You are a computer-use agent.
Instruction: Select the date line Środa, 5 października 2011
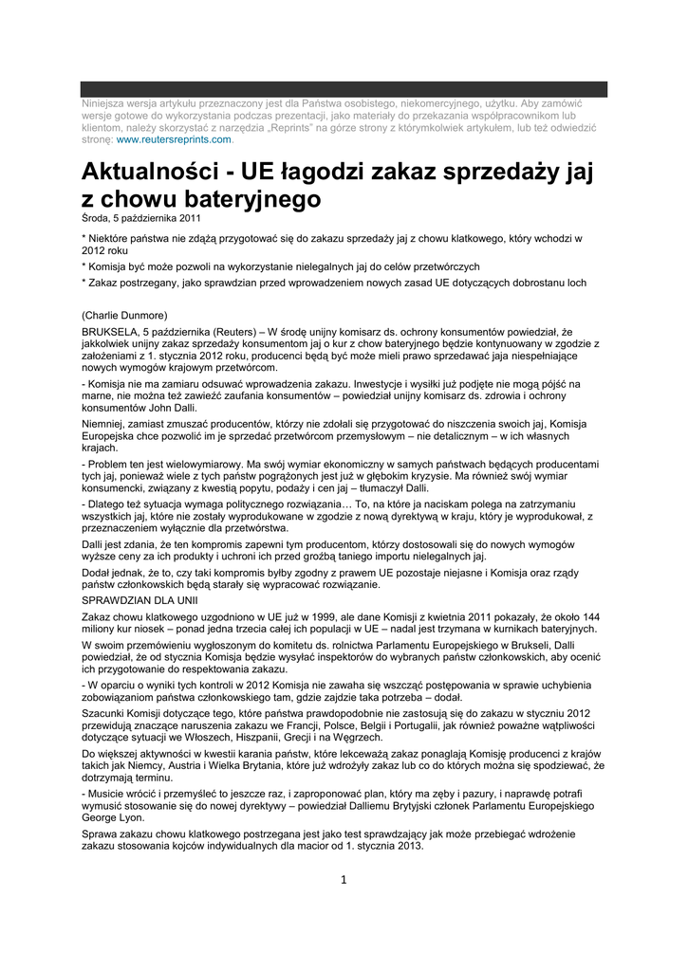point(140,218)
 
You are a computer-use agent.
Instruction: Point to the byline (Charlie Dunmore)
point(124,315)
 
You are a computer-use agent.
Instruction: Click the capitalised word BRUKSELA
point(109,331)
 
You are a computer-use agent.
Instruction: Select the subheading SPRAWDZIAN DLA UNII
point(140,601)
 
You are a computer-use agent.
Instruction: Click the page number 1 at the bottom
point(344,879)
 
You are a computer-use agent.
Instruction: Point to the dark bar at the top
point(344,89)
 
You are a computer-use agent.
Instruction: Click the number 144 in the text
point(590,616)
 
